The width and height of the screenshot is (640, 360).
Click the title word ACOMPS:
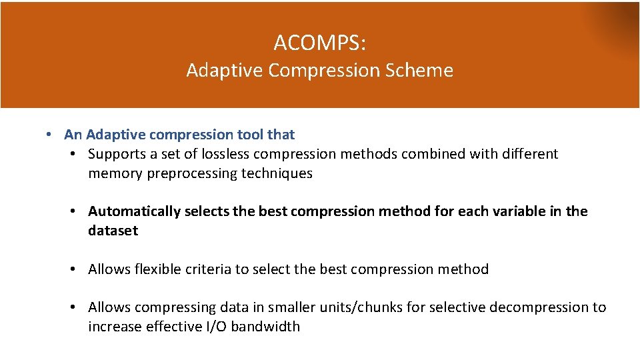coord(319,43)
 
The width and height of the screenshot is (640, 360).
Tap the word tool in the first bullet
coord(251,135)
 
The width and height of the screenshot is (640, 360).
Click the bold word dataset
coord(113,231)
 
